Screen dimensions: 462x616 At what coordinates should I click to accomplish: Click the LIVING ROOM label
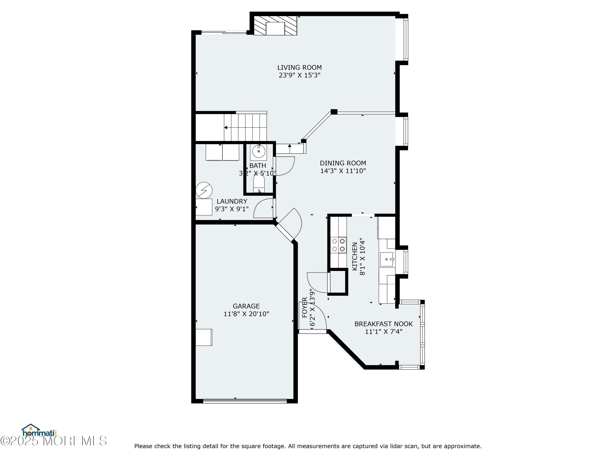tap(299, 67)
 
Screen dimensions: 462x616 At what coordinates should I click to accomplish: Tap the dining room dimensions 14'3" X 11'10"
tap(343, 171)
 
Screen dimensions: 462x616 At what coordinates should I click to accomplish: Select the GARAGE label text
tap(246, 306)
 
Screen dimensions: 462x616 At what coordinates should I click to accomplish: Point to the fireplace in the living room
tap(275, 26)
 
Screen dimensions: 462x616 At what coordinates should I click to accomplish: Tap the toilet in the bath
tap(259, 184)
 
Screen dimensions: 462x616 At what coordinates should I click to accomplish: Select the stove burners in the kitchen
tap(338, 245)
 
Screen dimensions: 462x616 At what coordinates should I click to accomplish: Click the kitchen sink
tap(387, 260)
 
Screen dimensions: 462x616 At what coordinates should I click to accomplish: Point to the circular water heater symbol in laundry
tap(204, 191)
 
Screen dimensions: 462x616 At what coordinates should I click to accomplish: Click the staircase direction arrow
tap(226, 128)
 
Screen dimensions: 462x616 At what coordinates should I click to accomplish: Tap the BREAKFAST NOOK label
tap(384, 324)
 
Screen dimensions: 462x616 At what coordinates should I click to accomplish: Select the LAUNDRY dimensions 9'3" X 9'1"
tap(232, 209)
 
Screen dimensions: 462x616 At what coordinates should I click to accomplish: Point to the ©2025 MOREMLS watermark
tap(53, 441)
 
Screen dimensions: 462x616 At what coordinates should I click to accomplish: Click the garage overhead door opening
tap(245, 401)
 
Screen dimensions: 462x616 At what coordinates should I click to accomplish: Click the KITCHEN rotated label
tap(354, 256)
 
